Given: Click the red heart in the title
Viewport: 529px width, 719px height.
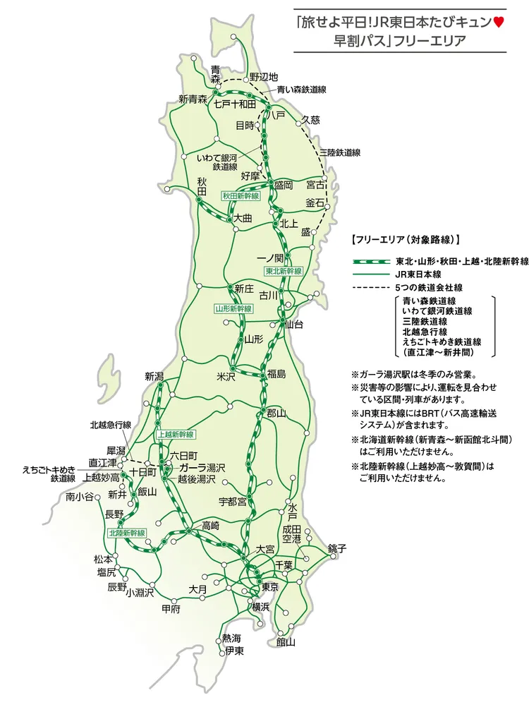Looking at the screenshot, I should pyautogui.click(x=499, y=23).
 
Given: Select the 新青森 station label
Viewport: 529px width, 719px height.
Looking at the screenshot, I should pyautogui.click(x=193, y=99).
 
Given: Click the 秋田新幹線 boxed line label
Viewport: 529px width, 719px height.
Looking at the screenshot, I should pyautogui.click(x=241, y=196).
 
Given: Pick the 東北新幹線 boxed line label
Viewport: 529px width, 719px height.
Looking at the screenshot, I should pyautogui.click(x=284, y=271).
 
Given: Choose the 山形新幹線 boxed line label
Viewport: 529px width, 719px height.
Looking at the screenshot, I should pyautogui.click(x=233, y=309).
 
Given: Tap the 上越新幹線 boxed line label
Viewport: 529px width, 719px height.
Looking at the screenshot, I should pyautogui.click(x=176, y=434).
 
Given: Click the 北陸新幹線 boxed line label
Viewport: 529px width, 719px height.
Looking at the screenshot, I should pyautogui.click(x=127, y=533).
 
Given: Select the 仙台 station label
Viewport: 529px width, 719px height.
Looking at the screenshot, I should pyautogui.click(x=294, y=325).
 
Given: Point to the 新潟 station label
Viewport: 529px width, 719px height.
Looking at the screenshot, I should pyautogui.click(x=154, y=376).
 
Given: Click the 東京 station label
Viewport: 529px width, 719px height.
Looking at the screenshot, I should pyautogui.click(x=269, y=587).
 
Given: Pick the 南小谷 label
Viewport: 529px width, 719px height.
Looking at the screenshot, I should pyautogui.click(x=79, y=497).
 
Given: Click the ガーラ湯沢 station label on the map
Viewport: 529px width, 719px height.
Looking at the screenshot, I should pyautogui.click(x=202, y=468).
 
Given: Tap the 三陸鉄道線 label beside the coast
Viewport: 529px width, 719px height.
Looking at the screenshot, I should pyautogui.click(x=340, y=152).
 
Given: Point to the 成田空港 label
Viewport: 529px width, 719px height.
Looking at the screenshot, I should pyautogui.click(x=292, y=533).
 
